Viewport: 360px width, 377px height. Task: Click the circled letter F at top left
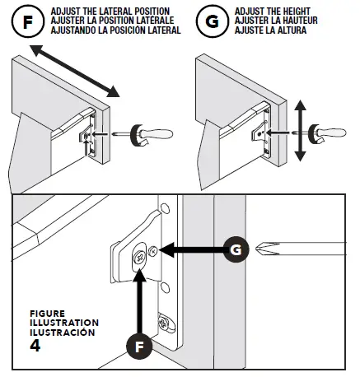tap(28, 21)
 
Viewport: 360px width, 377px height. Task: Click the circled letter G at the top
tap(212, 21)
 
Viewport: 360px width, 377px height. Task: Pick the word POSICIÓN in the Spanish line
tap(125, 30)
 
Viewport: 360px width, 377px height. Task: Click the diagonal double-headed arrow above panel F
tap(75, 71)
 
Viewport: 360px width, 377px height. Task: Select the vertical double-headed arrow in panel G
tap(300, 131)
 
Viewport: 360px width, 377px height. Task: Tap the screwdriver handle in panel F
tap(152, 134)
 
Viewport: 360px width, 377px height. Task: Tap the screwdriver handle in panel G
tap(327, 133)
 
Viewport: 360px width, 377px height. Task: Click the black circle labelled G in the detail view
tap(236, 249)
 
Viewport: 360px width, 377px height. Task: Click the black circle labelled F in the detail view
tap(139, 347)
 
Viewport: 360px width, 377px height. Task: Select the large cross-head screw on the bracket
tap(139, 258)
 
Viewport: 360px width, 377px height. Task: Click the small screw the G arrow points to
tap(152, 251)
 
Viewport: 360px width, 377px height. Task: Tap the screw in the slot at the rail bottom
tap(163, 323)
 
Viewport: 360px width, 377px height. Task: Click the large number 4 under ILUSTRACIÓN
tap(35, 346)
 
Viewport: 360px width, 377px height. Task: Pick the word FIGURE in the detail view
tap(48, 314)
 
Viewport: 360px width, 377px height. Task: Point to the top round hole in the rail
tap(165, 208)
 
